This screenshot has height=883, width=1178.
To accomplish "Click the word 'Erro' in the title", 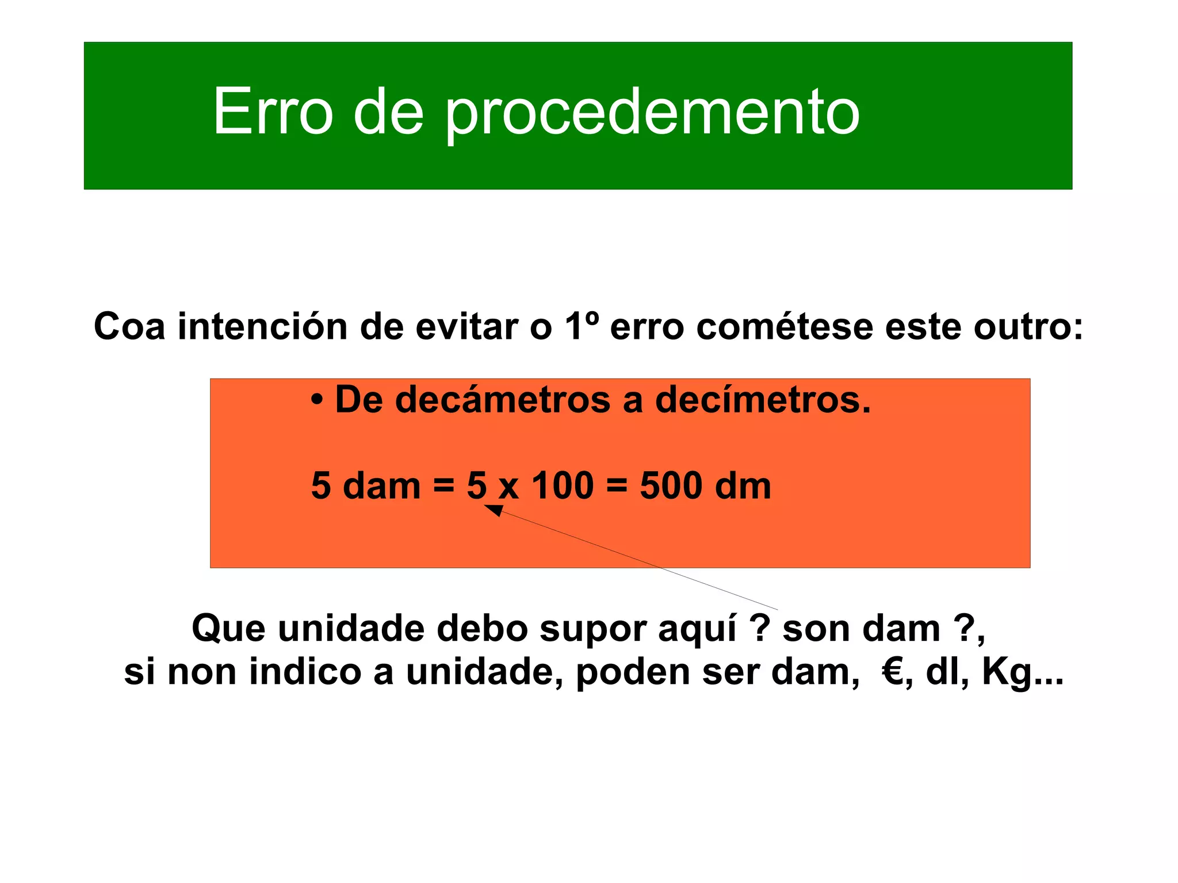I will (273, 111).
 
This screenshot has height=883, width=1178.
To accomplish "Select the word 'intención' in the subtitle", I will (262, 327).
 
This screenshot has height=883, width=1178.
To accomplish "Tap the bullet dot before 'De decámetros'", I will (316, 400).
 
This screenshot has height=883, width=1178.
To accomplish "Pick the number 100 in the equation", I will (562, 486).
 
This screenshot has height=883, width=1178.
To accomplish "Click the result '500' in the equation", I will (671, 486).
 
